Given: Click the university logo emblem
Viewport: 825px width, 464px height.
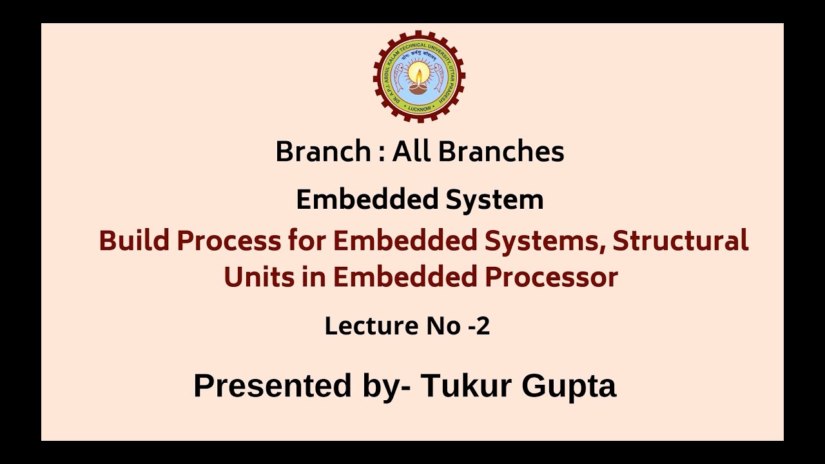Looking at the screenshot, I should tap(419, 76).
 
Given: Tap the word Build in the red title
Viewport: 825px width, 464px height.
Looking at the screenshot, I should tap(134, 241).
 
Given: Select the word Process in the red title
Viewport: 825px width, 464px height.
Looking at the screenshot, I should tap(229, 241).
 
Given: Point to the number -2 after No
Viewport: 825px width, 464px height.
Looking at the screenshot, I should tap(478, 326).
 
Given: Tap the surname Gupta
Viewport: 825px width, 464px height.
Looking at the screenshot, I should tap(569, 385).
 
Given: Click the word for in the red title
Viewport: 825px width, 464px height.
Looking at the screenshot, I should tap(307, 241).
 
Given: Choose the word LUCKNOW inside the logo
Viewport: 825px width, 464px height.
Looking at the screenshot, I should tap(419, 109).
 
